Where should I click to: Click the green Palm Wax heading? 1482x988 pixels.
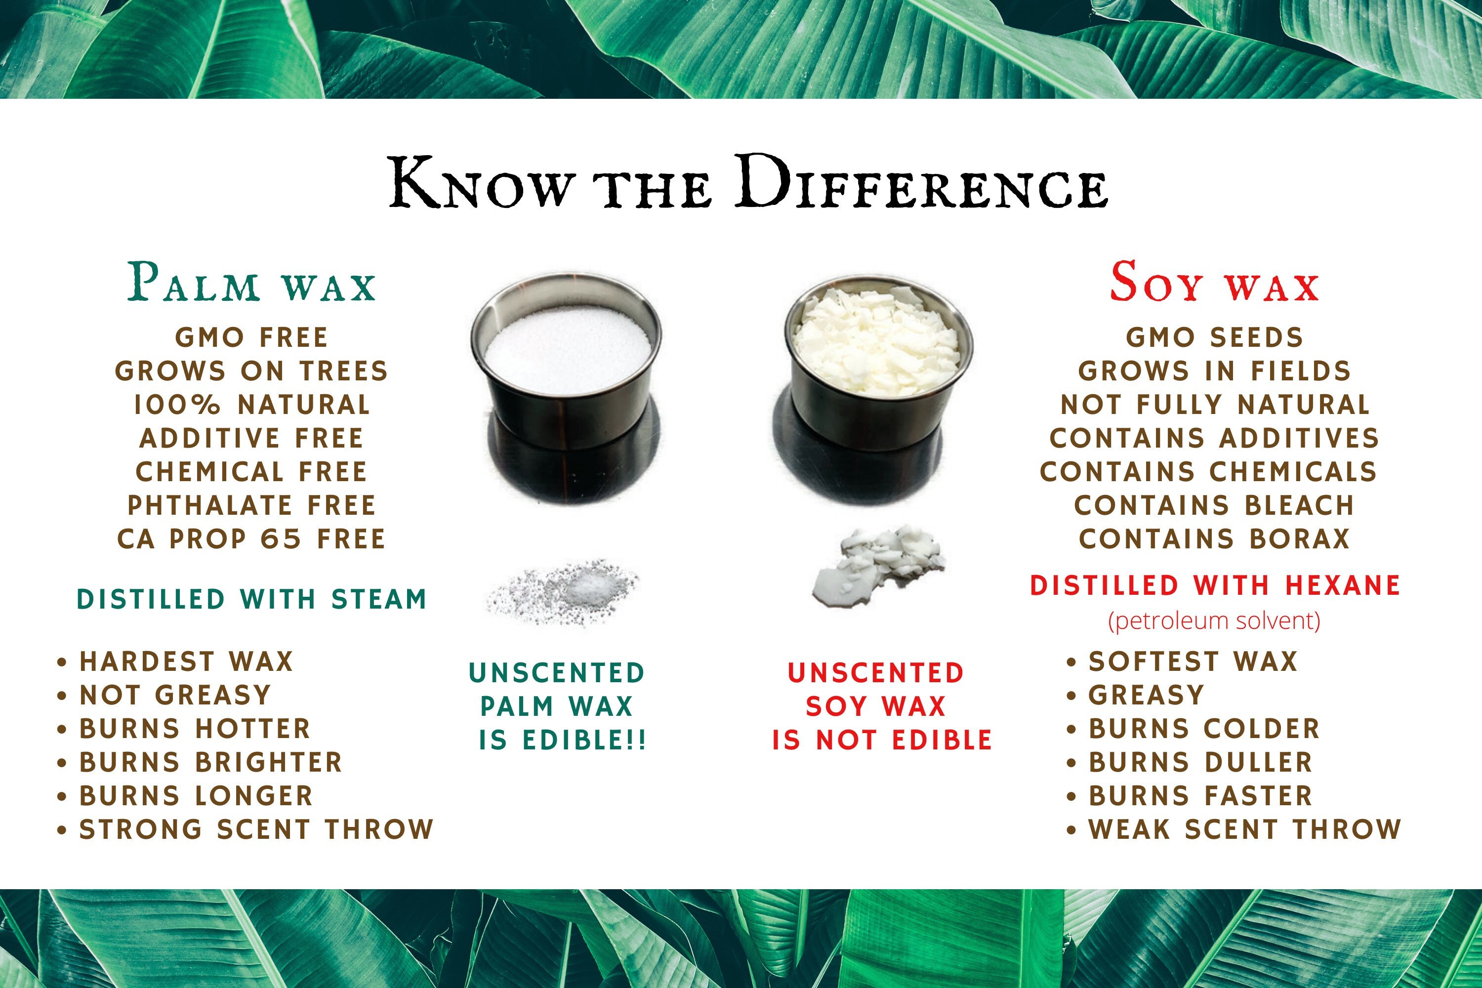tap(252, 282)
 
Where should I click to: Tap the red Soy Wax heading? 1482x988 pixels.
tap(1214, 282)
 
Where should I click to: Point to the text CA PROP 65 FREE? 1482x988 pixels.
tap(251, 539)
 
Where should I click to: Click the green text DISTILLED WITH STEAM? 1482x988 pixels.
tap(251, 599)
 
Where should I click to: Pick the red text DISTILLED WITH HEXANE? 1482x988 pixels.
tap(1215, 585)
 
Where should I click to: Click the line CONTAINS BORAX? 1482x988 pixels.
tap(1214, 539)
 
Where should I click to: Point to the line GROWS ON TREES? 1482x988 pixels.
tap(251, 371)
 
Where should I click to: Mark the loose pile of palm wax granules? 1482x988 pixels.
tap(563, 592)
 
